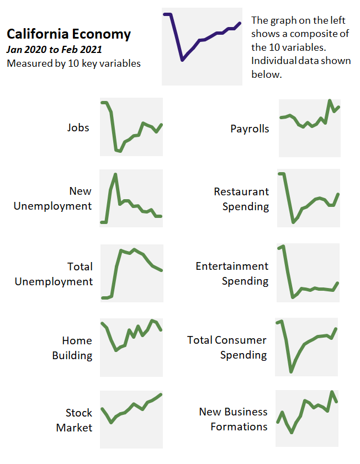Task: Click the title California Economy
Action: [x=68, y=34]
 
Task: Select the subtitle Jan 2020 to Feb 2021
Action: [x=54, y=49]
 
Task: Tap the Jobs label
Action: [x=78, y=127]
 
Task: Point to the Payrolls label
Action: [x=250, y=129]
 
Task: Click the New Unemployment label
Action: [x=52, y=199]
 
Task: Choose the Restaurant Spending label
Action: [x=241, y=199]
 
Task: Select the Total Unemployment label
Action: [x=54, y=274]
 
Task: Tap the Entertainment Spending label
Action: [x=232, y=273]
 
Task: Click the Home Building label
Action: [x=72, y=348]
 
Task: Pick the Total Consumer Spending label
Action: [x=227, y=347]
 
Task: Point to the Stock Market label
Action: [x=74, y=420]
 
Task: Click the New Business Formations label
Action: [x=233, y=419]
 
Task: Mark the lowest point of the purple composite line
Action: [x=182, y=60]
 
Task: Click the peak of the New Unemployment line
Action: [x=115, y=174]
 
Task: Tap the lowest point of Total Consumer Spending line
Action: [x=292, y=371]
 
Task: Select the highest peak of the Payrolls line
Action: [x=330, y=101]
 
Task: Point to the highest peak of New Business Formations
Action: [x=332, y=392]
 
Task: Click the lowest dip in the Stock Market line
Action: [x=112, y=423]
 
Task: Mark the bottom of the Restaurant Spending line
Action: [x=293, y=222]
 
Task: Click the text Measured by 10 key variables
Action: [x=73, y=63]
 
